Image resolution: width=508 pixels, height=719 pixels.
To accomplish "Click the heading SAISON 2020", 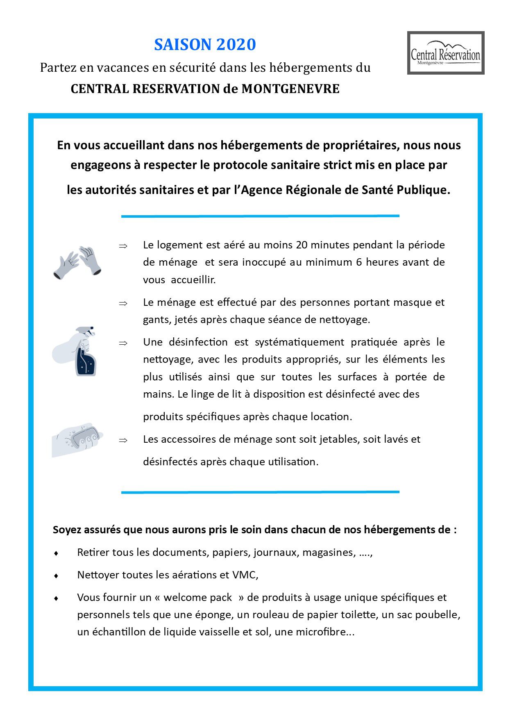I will click(x=205, y=45).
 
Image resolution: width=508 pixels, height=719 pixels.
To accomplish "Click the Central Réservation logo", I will click(x=445, y=53).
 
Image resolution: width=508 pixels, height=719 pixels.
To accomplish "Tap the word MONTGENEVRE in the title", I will click(x=290, y=89).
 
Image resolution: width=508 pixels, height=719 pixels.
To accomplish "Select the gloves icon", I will click(x=77, y=263).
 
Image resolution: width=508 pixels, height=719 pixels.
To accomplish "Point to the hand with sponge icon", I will click(x=77, y=439).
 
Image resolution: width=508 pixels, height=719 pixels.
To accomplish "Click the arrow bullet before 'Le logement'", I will click(x=123, y=246).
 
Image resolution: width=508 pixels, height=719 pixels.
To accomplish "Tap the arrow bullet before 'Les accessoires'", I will click(x=123, y=440).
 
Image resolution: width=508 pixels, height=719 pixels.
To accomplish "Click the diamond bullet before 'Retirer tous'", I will click(x=56, y=553).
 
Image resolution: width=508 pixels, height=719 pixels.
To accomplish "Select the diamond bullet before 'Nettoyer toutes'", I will click(x=56, y=576).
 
